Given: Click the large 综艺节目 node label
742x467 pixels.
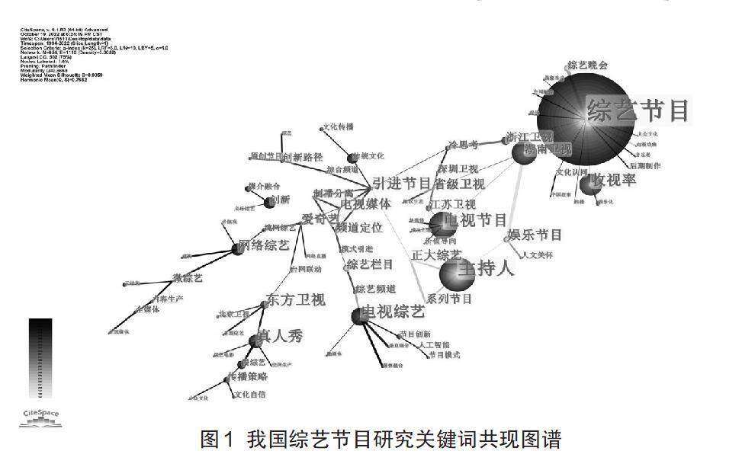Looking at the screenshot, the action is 638,111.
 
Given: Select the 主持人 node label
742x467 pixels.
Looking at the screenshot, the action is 486,268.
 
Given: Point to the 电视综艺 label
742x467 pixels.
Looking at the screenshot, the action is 393,312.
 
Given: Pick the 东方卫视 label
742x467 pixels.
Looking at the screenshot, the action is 295,299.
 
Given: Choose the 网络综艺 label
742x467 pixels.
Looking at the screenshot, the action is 264,245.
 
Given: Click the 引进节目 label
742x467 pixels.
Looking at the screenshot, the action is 402,183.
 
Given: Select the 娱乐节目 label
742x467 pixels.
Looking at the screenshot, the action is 535,235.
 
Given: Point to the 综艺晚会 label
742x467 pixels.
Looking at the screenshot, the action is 587,66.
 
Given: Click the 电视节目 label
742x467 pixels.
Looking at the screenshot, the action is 475,220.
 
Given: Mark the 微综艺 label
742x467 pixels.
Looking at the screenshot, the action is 188,278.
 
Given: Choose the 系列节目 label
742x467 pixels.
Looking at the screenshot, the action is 449,299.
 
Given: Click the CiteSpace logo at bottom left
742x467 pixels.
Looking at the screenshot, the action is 40,415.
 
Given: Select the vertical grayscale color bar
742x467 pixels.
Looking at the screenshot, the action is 40,358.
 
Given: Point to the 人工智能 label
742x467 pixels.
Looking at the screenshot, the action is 434,345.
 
